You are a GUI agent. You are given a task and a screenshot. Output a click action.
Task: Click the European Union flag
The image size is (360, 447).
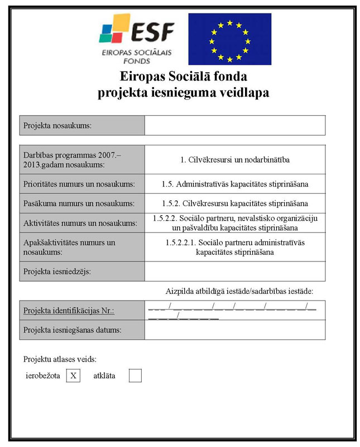[x=229, y=39]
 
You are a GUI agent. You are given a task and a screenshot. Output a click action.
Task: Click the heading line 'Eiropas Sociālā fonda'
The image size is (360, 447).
[x=184, y=77]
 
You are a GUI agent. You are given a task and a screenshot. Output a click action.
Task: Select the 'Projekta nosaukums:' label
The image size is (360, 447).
[x=57, y=126]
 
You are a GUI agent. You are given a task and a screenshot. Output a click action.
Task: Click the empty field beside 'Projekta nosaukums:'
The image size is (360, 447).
[x=234, y=126]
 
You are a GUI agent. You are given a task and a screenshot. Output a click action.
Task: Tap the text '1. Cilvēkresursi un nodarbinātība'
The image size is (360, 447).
[x=234, y=160]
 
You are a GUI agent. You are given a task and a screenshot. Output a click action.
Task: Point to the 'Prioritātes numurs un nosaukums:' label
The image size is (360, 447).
[x=79, y=184]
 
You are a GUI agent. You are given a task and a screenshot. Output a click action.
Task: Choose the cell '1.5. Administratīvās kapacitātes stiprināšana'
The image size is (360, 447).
[x=234, y=184]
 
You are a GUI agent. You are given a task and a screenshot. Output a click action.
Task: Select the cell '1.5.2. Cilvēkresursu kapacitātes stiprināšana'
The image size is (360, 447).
[x=234, y=203]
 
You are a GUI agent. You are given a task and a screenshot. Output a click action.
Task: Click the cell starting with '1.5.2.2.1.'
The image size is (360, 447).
[x=234, y=248]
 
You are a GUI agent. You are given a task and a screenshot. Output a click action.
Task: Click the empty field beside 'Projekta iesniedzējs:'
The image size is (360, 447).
[x=234, y=272]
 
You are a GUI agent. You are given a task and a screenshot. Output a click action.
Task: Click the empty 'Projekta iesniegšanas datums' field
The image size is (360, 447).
[x=234, y=330]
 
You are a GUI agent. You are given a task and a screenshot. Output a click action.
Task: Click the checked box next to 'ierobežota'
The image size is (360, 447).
[x=73, y=376]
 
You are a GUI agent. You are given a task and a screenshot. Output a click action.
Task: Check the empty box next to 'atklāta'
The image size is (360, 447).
[x=135, y=376]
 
